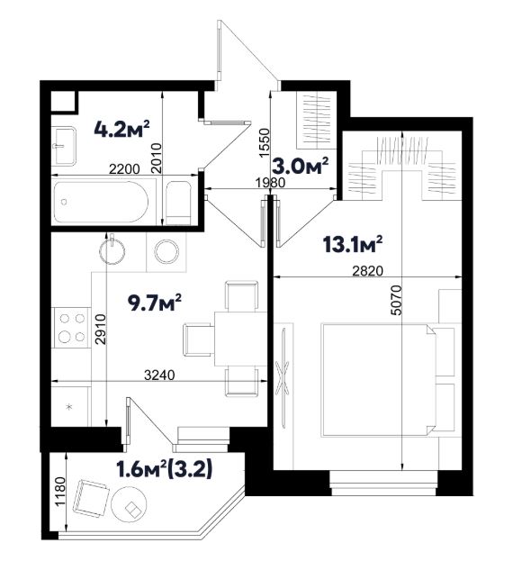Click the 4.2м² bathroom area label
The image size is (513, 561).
tap(121, 129)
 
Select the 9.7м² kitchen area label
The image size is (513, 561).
tap(154, 303)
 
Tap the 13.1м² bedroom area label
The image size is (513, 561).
tap(352, 244)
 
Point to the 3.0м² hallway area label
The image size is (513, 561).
tap(301, 166)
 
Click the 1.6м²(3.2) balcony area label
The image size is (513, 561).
tap(165, 469)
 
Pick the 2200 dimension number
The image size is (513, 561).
tap(124, 169)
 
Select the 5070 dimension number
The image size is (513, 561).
tap(396, 300)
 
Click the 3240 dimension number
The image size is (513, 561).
tap(159, 375)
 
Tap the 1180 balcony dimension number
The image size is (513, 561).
tap(60, 491)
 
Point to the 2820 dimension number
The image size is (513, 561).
tap(367, 271)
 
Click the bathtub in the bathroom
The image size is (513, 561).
tap(101, 202)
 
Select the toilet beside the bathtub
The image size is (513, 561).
tap(179, 203)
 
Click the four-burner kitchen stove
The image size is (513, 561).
tap(72, 328)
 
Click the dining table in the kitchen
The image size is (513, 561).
tap(240, 339)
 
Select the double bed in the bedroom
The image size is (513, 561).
tap(378, 380)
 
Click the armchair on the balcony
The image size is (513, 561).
tap(91, 498)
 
